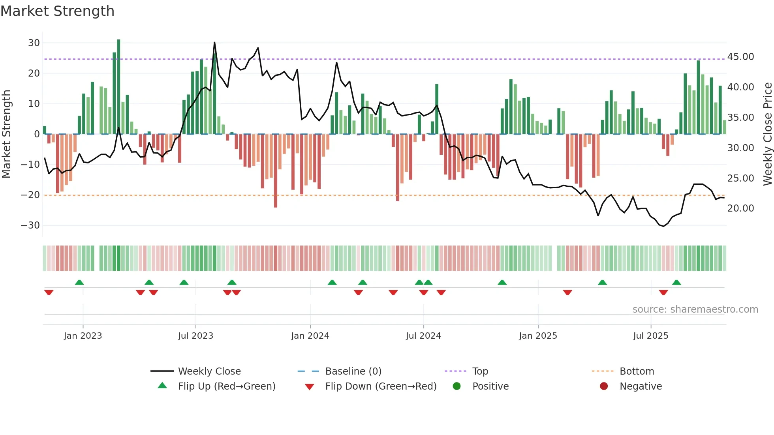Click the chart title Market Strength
click(x=57, y=11)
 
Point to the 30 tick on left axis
click(x=34, y=43)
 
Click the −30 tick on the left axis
click(x=30, y=225)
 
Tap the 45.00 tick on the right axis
click(x=740, y=57)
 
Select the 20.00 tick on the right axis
click(x=740, y=208)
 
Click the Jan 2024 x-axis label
click(x=310, y=336)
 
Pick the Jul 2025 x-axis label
click(x=650, y=336)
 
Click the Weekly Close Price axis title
click(x=767, y=134)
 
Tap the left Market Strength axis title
click(x=6, y=134)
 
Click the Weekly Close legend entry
click(x=209, y=371)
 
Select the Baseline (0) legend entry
click(x=353, y=371)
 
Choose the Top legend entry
click(x=480, y=371)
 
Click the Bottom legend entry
click(x=637, y=371)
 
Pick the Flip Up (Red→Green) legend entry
click(x=226, y=386)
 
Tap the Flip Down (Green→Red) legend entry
click(x=381, y=386)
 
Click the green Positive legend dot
click(x=457, y=386)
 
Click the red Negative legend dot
click(x=604, y=386)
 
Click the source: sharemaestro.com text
click(x=695, y=309)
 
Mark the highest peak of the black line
click(x=214, y=42)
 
